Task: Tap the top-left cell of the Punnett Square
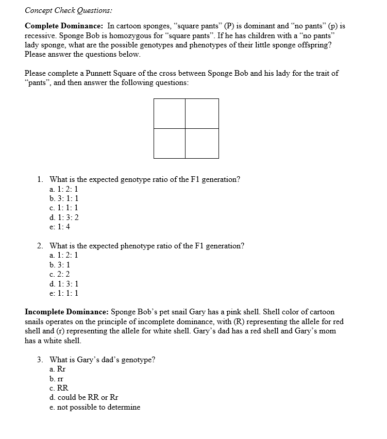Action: click(170, 113)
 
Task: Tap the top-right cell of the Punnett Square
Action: click(202, 113)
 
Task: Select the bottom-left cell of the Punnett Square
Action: click(170, 143)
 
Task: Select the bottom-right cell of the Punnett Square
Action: click(202, 143)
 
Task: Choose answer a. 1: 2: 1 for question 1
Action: click(63, 189)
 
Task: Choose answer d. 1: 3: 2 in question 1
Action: click(64, 217)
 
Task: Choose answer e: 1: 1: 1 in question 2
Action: click(63, 293)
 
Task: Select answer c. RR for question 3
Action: click(59, 388)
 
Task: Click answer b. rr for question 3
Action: click(56, 379)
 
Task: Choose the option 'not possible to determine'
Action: click(95, 407)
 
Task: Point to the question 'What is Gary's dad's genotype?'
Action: click(102, 360)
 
